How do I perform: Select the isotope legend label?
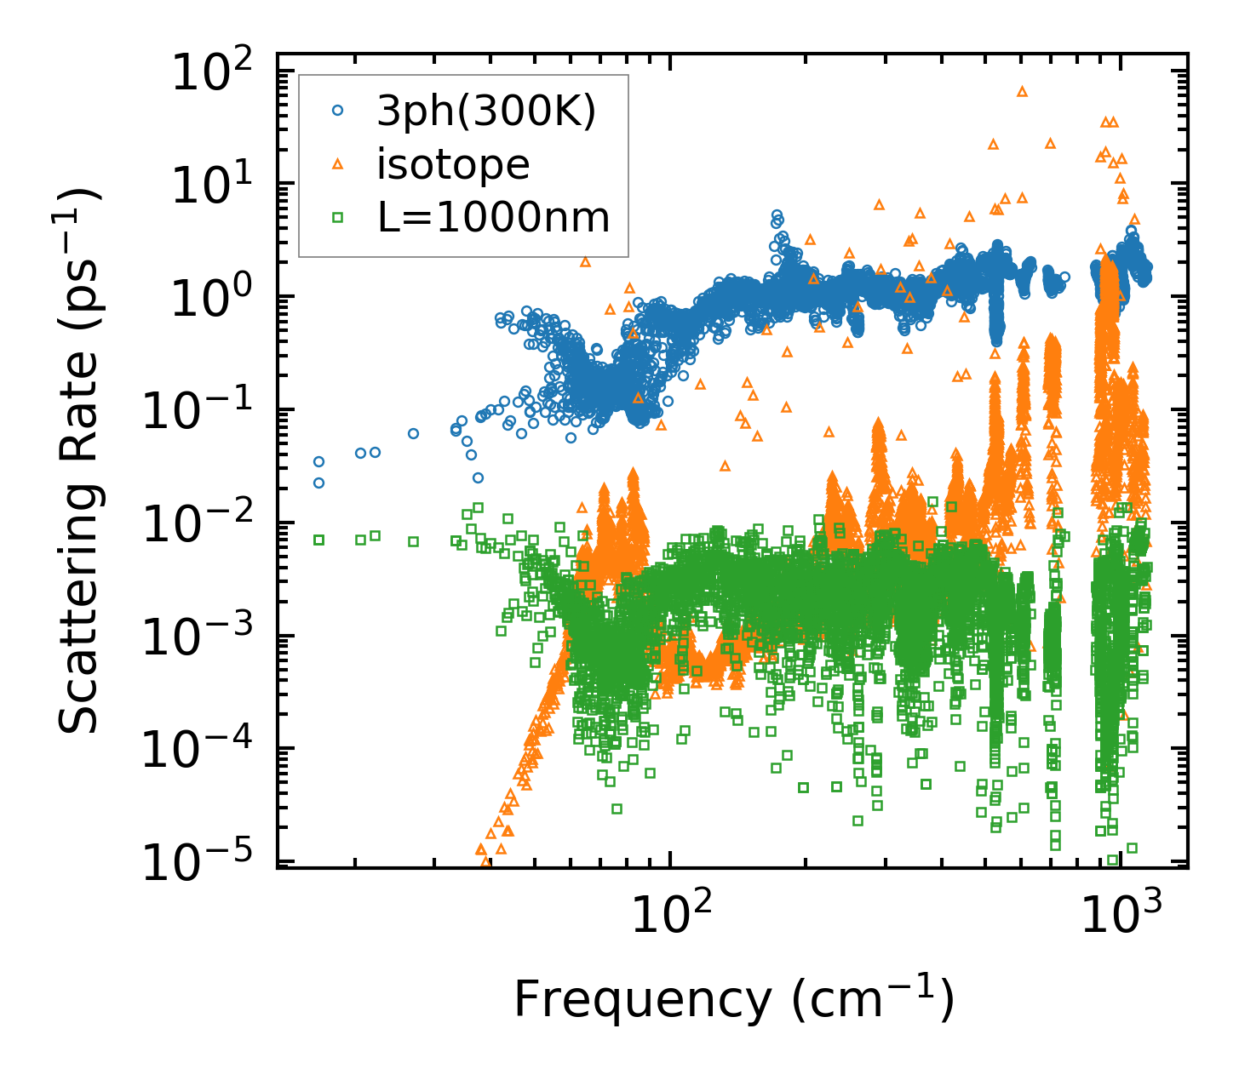[453, 165]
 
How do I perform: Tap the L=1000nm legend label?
[494, 218]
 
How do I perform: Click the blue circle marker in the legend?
[338, 111]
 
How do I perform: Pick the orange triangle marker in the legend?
[338, 164]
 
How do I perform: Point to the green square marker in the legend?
[338, 218]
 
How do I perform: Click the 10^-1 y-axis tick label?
[204, 413]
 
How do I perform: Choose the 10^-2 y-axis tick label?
[204, 526]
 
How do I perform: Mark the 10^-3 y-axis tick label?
[204, 639]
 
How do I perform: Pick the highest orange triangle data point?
[1023, 91]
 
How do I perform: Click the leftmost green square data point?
[319, 540]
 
